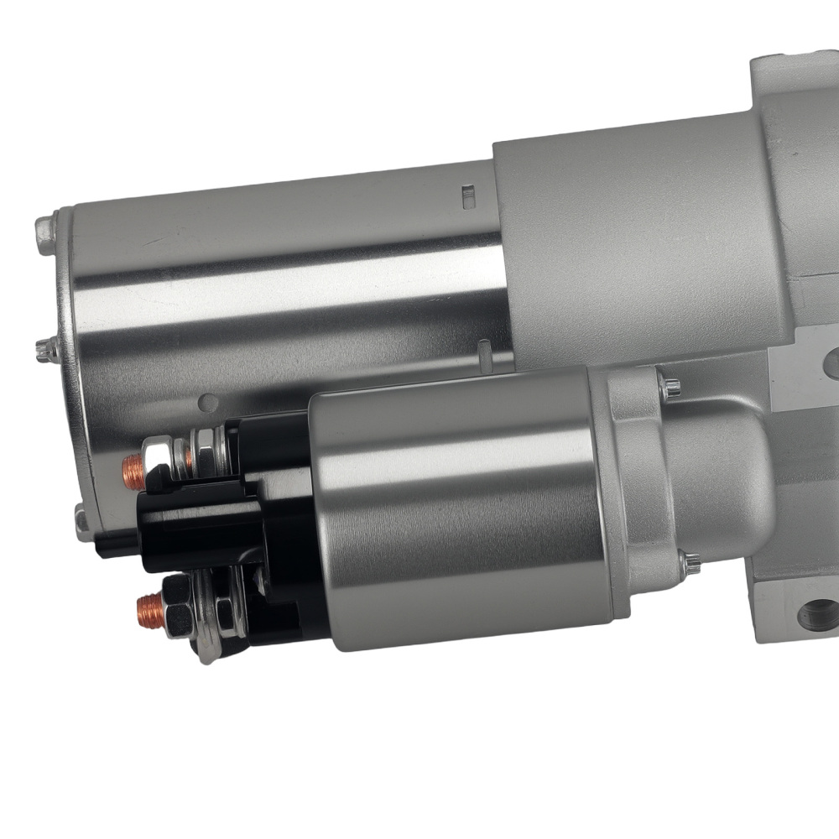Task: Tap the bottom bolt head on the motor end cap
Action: click(x=81, y=522)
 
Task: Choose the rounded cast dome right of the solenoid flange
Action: click(x=726, y=478)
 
